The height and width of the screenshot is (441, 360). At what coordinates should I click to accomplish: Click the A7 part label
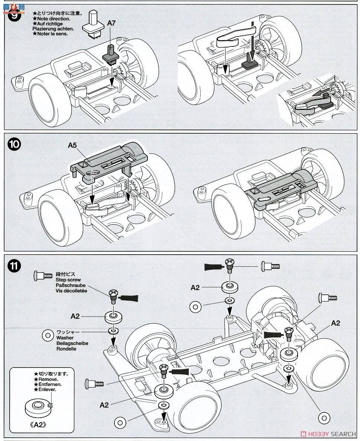111,23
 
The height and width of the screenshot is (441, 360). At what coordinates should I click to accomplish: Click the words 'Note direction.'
53,19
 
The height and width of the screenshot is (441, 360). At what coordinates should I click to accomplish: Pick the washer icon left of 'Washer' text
47,335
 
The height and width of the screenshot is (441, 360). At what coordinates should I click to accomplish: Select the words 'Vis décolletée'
72,291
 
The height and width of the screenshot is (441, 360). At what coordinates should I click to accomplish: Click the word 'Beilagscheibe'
72,343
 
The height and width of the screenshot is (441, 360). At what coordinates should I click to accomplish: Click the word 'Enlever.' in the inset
47,390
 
